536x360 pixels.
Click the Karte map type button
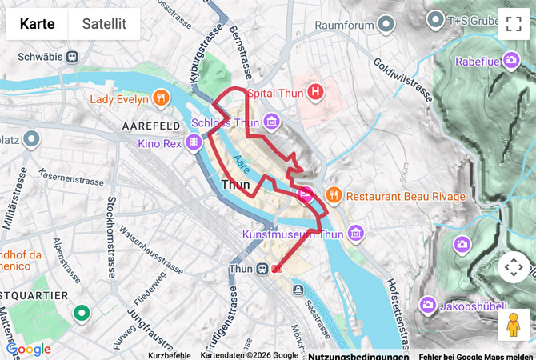[x=37, y=24]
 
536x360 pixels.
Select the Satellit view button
[x=104, y=24]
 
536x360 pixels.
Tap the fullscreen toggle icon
[x=514, y=24]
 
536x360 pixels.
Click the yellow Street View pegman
[x=514, y=325]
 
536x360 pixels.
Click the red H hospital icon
[x=317, y=93]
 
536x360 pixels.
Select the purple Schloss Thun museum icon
[x=272, y=122]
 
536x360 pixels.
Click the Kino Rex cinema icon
[x=194, y=143]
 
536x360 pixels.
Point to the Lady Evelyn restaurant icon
[x=162, y=99]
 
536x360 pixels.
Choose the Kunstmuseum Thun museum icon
[x=356, y=234]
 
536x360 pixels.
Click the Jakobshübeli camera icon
[x=428, y=304]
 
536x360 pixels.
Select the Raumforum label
[x=344, y=25]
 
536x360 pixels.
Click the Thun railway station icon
[x=261, y=270]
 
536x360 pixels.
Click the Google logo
[x=28, y=349]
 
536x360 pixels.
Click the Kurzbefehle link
[x=169, y=355]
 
